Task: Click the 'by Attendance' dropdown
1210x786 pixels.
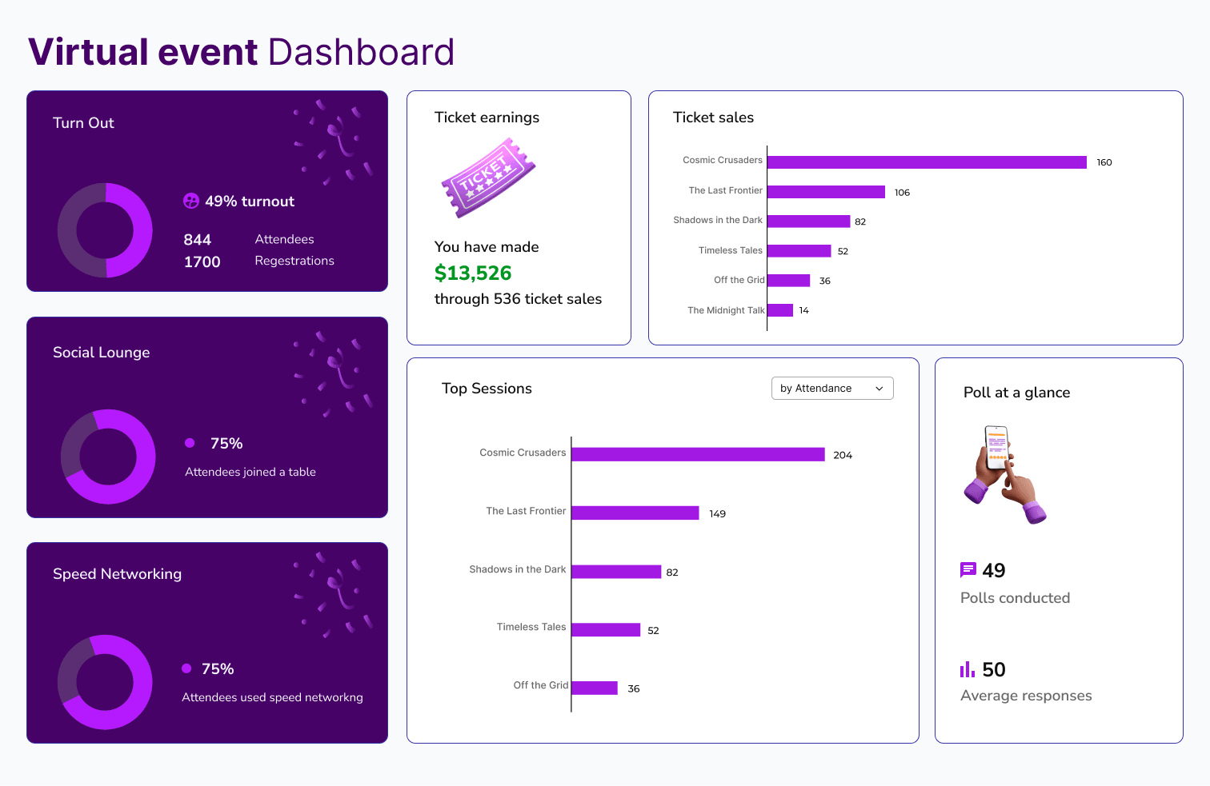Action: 831,389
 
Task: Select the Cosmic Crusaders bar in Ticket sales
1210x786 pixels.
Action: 926,162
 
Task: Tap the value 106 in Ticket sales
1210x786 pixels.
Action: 902,193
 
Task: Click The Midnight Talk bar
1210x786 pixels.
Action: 779,310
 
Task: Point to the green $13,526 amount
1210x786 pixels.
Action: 473,273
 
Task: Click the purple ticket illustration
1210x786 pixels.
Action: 487,178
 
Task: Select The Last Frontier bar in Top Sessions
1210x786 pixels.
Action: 635,513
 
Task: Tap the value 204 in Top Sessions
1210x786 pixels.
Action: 842,455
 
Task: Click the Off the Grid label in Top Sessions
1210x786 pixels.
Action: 540,685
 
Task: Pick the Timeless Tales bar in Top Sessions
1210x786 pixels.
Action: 605,630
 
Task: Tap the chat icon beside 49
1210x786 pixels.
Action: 968,570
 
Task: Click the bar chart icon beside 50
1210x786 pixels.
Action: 968,669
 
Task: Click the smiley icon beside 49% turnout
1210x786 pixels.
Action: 191,201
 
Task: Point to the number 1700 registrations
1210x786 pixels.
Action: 202,262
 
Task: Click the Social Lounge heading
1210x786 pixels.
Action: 101,353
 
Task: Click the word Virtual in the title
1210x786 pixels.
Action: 88,53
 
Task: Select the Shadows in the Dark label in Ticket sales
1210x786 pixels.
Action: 717,221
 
